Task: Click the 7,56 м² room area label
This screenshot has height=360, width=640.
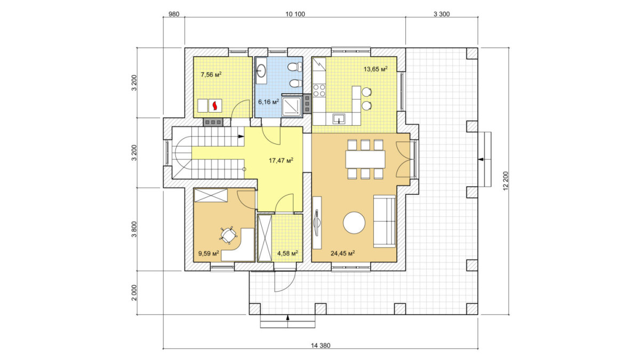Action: click(211, 75)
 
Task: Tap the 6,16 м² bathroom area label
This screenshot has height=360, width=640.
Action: click(269, 102)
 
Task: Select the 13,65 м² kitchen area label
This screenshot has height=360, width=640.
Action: click(375, 69)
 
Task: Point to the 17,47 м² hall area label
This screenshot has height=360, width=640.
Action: click(281, 161)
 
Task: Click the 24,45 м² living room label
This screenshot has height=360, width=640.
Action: click(343, 253)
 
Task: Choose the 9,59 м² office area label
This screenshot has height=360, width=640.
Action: click(209, 253)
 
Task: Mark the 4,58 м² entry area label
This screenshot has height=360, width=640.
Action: click(287, 253)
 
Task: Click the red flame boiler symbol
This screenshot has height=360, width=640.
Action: click(215, 106)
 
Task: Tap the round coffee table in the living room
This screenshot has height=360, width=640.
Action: click(354, 222)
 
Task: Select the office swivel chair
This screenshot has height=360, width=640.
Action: click(229, 235)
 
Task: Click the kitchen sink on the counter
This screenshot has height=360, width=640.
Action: click(339, 118)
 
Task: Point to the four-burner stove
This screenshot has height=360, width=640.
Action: click(319, 90)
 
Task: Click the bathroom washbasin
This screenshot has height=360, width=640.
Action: click(261, 70)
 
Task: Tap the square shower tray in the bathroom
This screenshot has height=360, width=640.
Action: click(292, 106)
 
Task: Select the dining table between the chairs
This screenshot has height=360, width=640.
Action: click(365, 159)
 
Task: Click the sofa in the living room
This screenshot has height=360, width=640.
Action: click(385, 221)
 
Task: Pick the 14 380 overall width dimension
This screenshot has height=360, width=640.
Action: click(321, 346)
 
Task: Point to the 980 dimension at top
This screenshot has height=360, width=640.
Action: click(174, 14)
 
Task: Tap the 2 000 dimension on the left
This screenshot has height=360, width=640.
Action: click(134, 293)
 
